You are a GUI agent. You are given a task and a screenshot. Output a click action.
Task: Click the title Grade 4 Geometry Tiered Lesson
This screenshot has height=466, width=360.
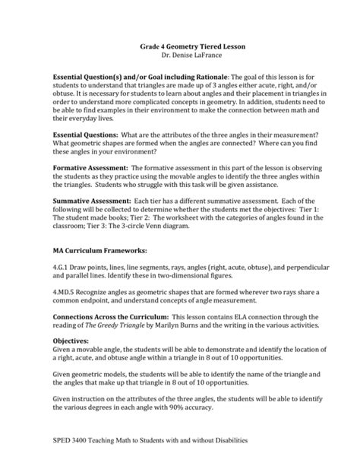pos(181,46)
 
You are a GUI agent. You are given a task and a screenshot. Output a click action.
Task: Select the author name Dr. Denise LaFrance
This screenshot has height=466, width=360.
pos(181,55)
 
